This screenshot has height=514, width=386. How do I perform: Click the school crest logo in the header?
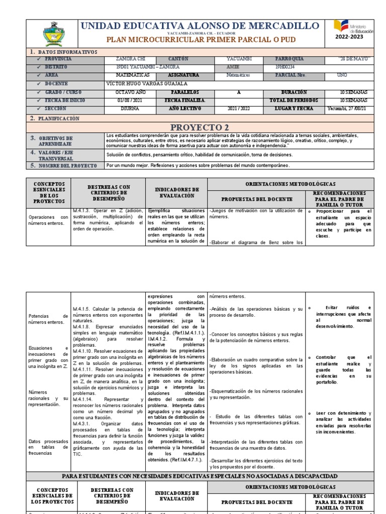pos(54,34)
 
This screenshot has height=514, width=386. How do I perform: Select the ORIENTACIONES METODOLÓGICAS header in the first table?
pos(290,184)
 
